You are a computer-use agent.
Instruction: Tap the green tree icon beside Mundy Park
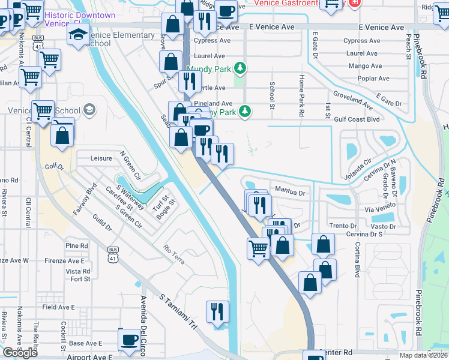[241, 68]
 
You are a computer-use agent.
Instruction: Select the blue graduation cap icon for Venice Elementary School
[78, 35]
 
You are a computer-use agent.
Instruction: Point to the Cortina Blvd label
[357, 259]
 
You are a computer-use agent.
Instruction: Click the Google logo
[20, 353]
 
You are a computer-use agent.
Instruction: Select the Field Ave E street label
[59, 307]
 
